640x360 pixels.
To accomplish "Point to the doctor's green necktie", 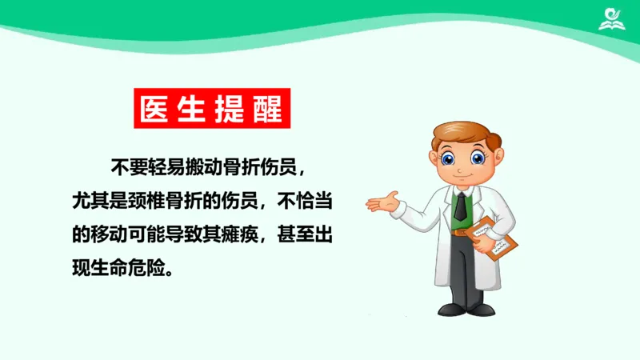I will point(460,207).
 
